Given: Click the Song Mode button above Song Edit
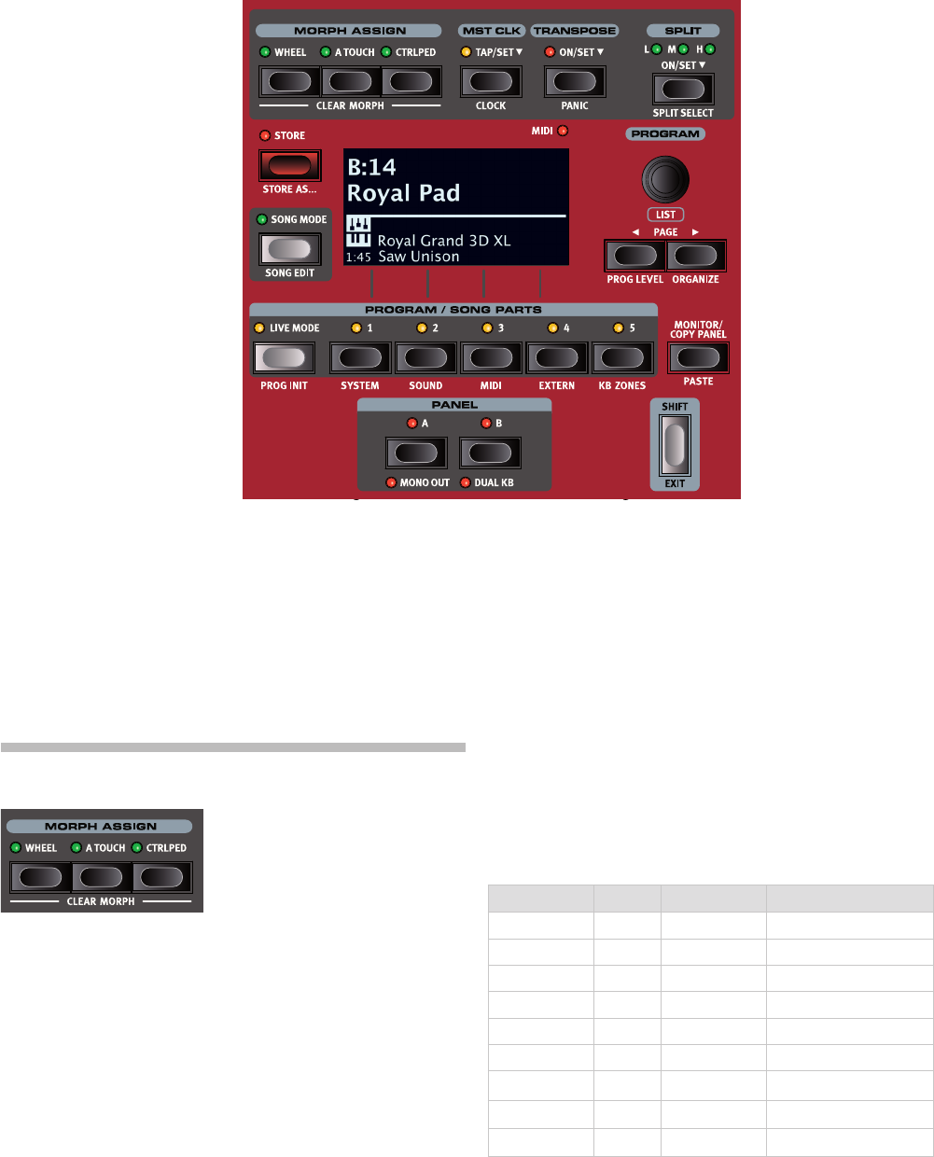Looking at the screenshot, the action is point(289,248).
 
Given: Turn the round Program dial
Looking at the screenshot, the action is point(665,178).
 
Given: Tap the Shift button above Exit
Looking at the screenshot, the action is point(675,444).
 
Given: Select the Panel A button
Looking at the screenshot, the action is point(416,453).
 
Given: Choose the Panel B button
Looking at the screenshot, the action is point(491,453).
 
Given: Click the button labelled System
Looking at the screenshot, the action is point(360,357).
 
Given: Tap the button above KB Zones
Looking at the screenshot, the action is point(622,357).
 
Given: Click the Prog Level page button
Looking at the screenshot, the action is point(634,255).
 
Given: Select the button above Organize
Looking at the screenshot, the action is point(696,255).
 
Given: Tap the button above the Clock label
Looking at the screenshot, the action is point(491,82).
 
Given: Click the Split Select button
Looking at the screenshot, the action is point(683,90).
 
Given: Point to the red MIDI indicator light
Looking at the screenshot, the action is point(563,132).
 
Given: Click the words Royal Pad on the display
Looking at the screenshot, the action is point(403,193).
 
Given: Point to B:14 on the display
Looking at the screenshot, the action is point(371,167).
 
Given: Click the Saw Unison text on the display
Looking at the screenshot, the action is point(418,257).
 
